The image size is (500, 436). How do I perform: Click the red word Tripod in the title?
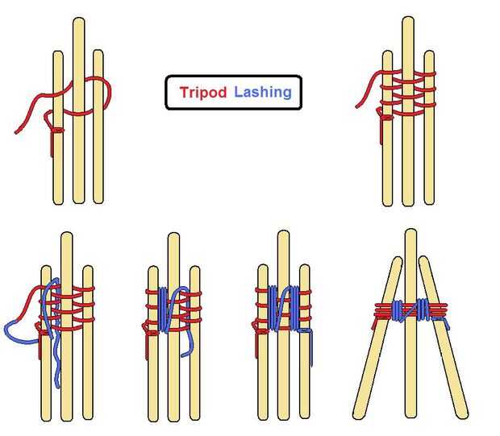coord(203,92)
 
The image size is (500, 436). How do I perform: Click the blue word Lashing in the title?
coord(263,92)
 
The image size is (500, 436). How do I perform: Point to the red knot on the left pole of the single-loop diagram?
coord(57,130)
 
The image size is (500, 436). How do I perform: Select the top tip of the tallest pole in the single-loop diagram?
coord(79,19)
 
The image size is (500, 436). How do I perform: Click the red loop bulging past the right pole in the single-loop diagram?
coord(107,93)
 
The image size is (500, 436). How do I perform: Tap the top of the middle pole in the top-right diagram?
coord(408,18)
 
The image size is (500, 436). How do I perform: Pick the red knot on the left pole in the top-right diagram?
coord(386,118)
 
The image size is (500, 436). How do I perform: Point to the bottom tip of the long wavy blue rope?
coord(58,386)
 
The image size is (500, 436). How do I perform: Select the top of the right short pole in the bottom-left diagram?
coord(88,267)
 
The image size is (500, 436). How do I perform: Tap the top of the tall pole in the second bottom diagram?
coord(173,234)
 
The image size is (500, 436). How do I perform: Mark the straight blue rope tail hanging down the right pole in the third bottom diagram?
coord(311,347)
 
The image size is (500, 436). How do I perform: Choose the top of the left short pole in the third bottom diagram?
coord(263,266)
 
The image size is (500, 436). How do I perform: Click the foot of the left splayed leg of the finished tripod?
coord(358,415)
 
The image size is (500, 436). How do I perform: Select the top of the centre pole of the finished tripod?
coord(411,230)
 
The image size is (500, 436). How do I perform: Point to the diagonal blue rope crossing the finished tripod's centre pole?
coord(410,311)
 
